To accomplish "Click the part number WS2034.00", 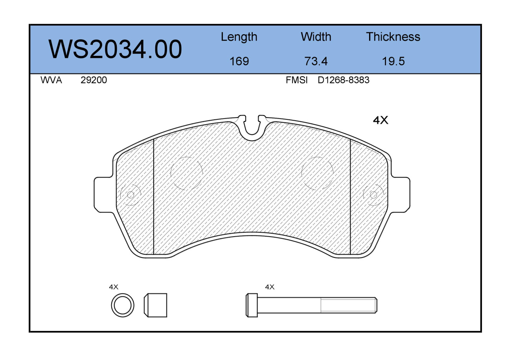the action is (x=115, y=49).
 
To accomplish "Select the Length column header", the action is (x=239, y=37).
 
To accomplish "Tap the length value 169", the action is (x=239, y=61).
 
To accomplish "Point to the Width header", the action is (x=316, y=37).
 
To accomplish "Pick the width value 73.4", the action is (x=316, y=61).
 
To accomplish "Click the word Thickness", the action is (x=393, y=37).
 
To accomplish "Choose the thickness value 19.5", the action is (x=393, y=61).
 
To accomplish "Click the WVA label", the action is (x=51, y=80).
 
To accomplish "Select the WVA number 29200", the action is (x=94, y=80).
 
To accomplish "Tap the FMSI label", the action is (x=296, y=80).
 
